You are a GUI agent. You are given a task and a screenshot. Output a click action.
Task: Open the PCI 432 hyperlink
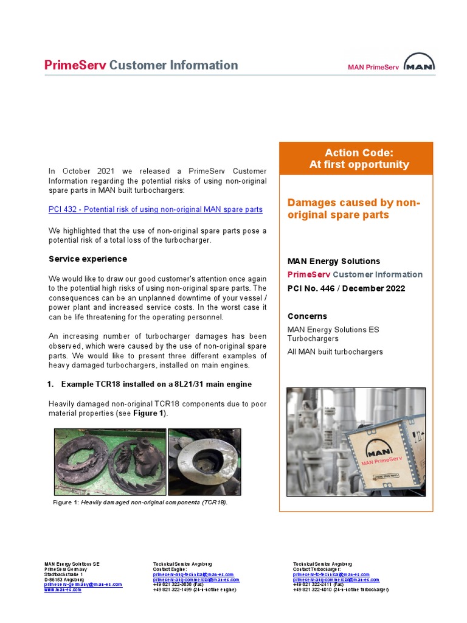coord(156,209)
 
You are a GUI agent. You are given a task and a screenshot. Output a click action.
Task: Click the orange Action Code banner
coord(356,158)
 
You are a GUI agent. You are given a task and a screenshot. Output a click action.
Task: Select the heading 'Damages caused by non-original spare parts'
coord(353,209)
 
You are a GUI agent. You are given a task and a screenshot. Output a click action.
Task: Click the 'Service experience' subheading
coord(88,259)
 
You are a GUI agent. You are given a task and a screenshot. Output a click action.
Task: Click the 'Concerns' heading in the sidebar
coord(307,316)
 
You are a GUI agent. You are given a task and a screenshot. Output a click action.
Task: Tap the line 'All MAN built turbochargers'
coord(335,352)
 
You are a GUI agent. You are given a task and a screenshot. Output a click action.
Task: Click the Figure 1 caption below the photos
coord(140,503)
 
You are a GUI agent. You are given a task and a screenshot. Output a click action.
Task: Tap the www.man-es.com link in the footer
coord(63,590)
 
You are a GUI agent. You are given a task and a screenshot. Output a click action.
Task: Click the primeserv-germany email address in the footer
coord(83,584)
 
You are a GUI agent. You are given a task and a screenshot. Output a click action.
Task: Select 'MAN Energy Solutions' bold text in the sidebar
coord(333,261)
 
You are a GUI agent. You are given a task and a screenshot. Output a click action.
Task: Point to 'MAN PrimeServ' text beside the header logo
coord(373,68)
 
